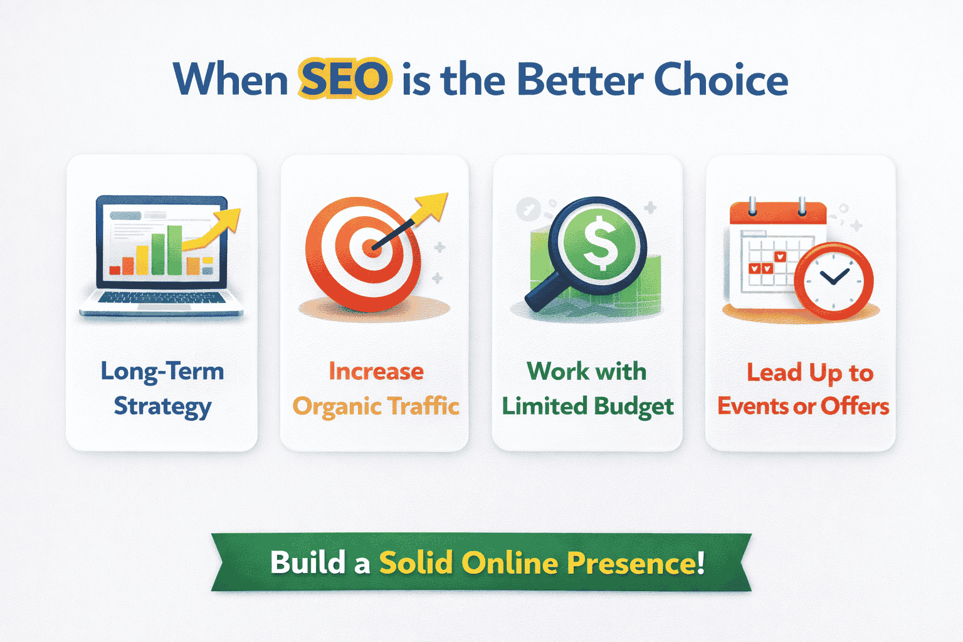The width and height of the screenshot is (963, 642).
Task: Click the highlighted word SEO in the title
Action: pyautogui.click(x=344, y=80)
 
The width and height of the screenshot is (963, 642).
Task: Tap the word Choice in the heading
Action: pyautogui.click(x=720, y=80)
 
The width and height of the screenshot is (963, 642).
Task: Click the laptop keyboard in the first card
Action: pyautogui.click(x=162, y=298)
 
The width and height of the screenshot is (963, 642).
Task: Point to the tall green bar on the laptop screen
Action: pyautogui.click(x=174, y=250)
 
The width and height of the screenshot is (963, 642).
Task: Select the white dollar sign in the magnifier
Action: pyautogui.click(x=600, y=243)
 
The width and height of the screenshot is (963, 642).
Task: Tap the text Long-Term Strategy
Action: pyautogui.click(x=162, y=389)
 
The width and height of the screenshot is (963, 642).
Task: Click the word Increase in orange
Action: pyautogui.click(x=376, y=371)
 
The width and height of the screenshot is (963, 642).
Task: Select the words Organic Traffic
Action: pyautogui.click(x=376, y=406)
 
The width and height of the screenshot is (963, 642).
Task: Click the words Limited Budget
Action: pyautogui.click(x=587, y=406)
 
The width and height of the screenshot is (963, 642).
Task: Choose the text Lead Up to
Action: pyautogui.click(x=809, y=372)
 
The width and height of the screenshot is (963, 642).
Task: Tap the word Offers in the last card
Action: pyautogui.click(x=855, y=406)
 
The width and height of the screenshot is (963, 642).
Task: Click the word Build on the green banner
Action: pyautogui.click(x=307, y=562)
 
